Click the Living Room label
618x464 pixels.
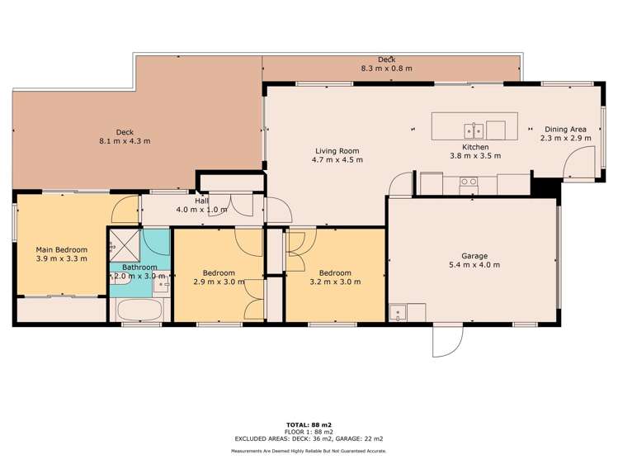coord(337,151)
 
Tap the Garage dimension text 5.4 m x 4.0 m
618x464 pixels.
coord(474,265)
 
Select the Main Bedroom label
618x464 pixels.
coord(62,249)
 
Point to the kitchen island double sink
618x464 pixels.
coord(474,131)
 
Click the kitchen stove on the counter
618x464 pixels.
coord(469,182)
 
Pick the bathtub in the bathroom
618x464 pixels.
coord(139,310)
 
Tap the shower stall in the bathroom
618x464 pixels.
coord(124,245)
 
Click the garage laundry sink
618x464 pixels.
coord(398,312)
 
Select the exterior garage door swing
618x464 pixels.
coord(447,340)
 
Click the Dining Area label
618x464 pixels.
coord(565,129)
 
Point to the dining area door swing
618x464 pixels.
coord(578,162)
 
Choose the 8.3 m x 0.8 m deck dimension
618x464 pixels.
coord(387,69)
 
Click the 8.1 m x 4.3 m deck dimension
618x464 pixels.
coord(125,140)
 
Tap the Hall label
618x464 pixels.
coord(201,201)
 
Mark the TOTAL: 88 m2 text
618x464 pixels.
coord(309,425)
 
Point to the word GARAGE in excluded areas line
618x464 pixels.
coord(355,438)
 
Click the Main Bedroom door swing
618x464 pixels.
coord(125,210)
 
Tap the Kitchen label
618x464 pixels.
coord(475,147)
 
